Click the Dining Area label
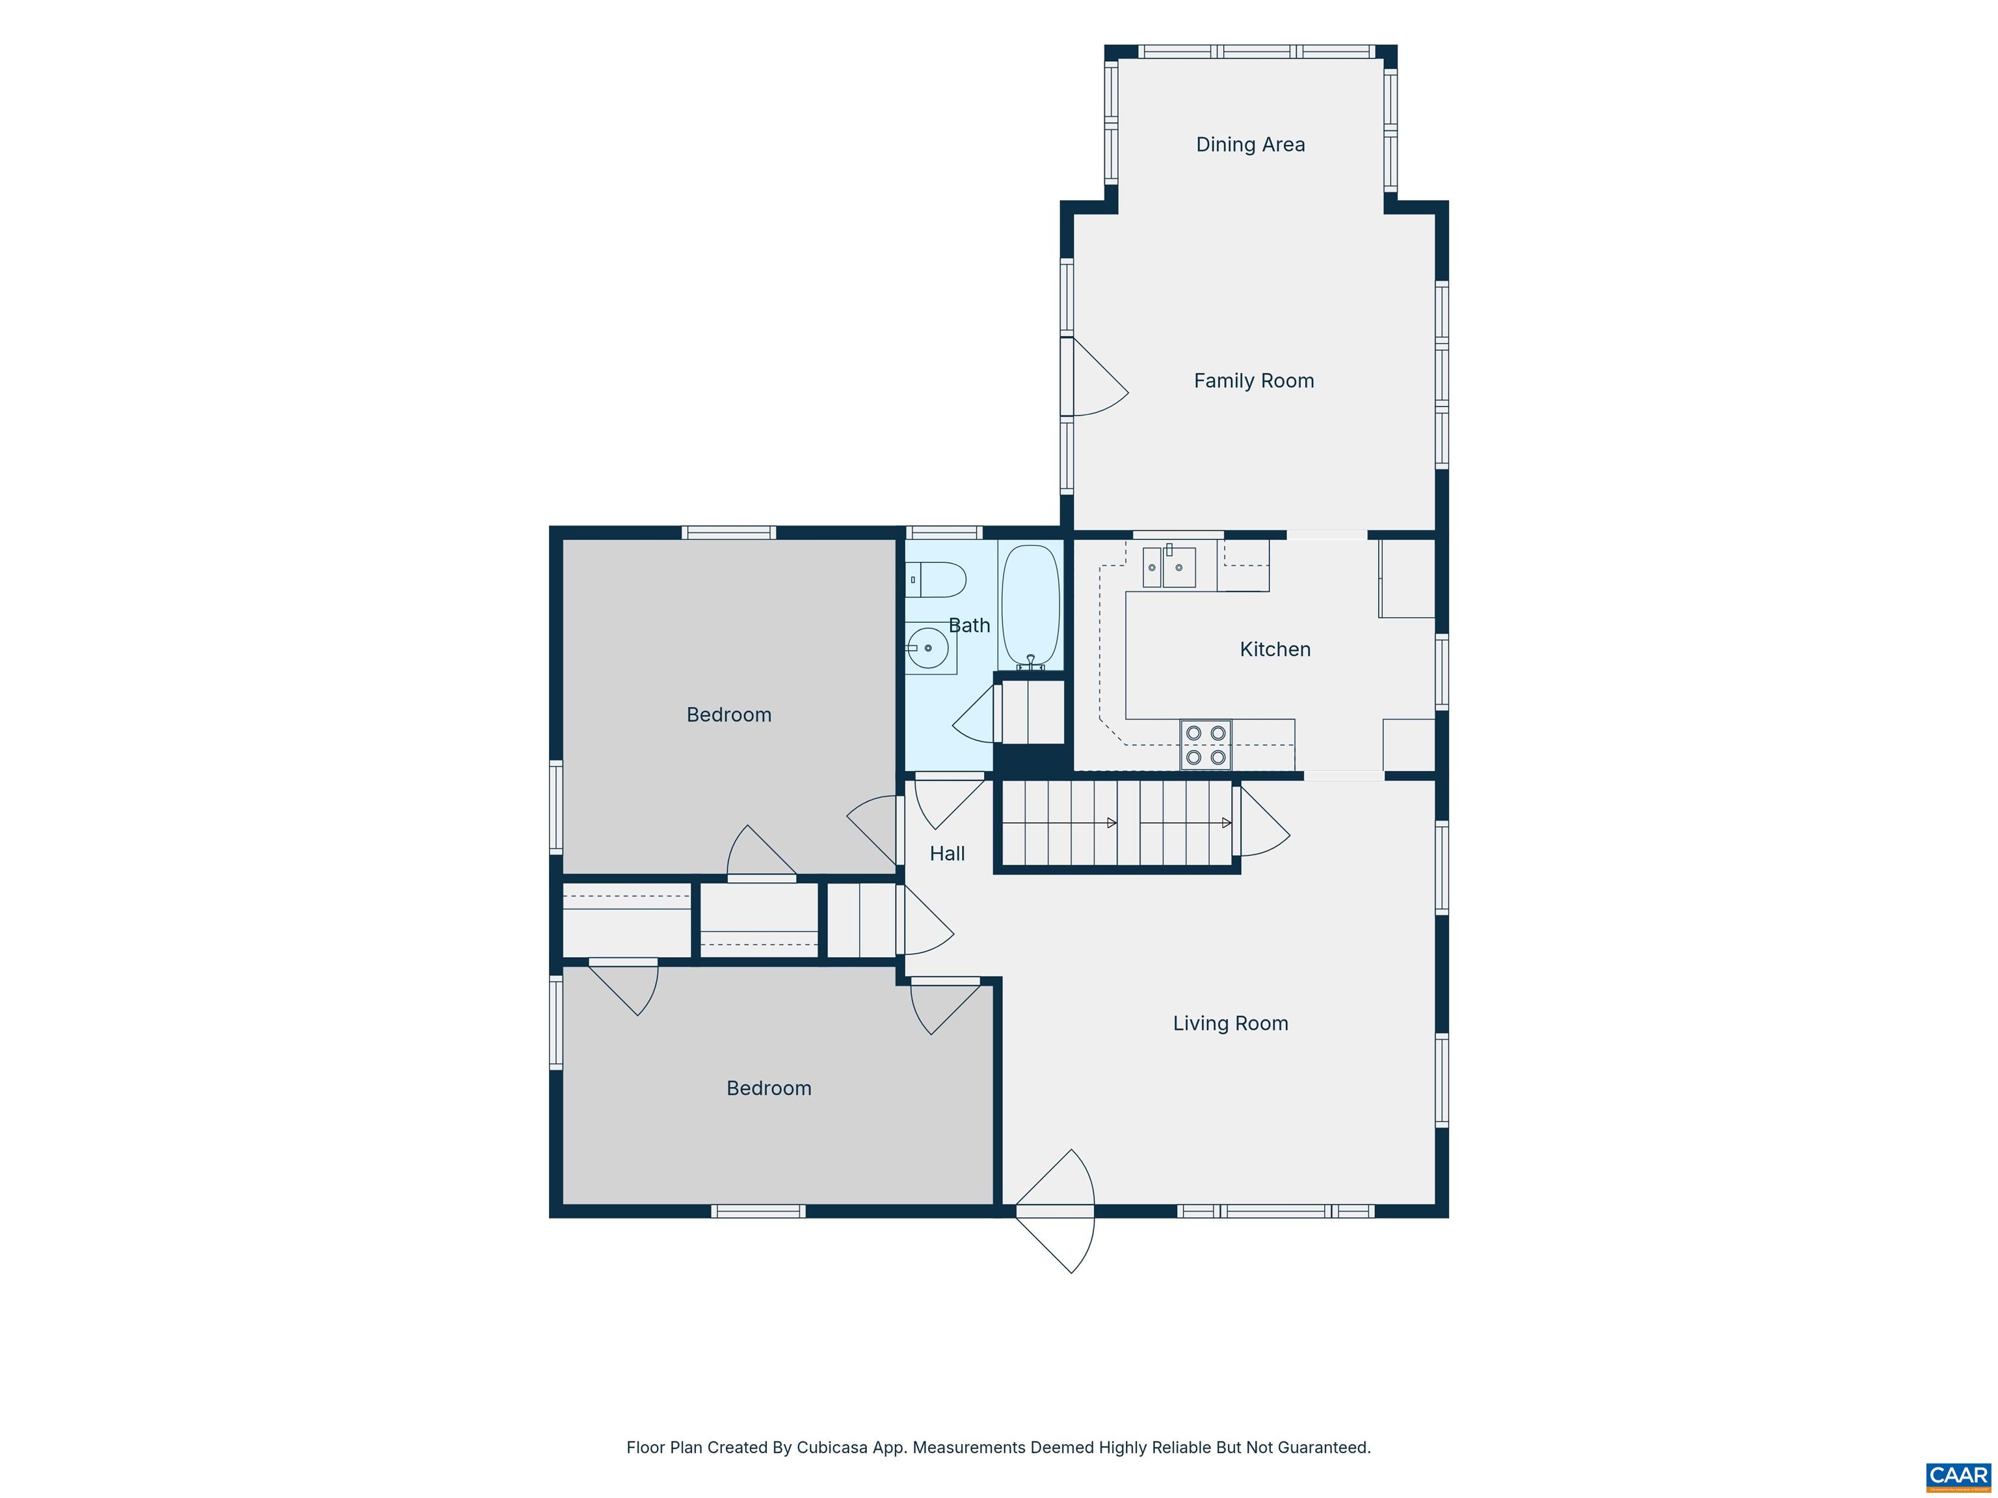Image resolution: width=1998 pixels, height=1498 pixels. (x=1250, y=144)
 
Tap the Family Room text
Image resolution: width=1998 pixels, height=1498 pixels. (x=1254, y=381)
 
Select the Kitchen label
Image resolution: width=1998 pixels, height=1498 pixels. (x=1275, y=650)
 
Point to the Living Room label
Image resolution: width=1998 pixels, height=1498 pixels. (x=1231, y=1023)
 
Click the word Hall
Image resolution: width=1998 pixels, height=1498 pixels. (x=948, y=853)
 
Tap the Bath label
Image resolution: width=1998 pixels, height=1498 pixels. (x=969, y=625)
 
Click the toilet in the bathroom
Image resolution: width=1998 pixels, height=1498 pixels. (x=936, y=580)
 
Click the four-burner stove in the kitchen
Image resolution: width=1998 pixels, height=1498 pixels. (x=1206, y=745)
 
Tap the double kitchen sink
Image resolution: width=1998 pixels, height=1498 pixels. (x=1169, y=567)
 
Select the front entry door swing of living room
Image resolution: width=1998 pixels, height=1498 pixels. (x=1055, y=1211)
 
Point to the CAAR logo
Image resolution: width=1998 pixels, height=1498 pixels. (x=1958, y=1475)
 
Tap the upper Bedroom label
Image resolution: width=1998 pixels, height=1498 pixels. (x=729, y=715)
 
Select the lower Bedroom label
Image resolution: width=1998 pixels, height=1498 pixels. (x=769, y=1088)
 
